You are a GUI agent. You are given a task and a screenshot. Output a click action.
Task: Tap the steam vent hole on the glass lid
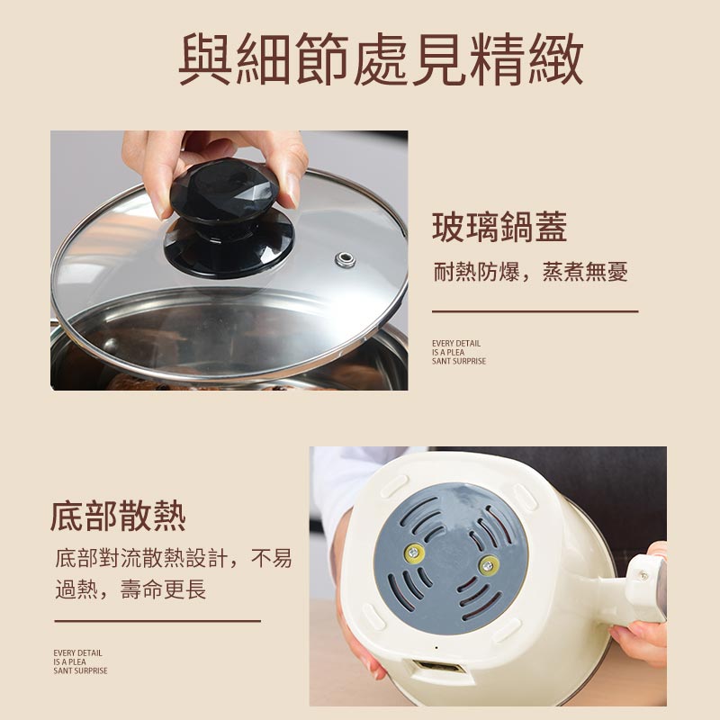[x=345, y=260]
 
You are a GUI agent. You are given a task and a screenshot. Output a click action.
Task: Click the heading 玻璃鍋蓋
[x=499, y=227]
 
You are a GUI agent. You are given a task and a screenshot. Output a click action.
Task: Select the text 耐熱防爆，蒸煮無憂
[x=530, y=272]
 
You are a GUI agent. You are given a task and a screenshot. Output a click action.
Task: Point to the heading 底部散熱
[x=118, y=517]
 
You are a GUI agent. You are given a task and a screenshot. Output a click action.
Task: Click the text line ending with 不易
[x=174, y=558]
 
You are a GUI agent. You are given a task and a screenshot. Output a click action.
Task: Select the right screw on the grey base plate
[x=489, y=565]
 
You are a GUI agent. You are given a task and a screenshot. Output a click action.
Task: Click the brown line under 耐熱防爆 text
[x=535, y=311]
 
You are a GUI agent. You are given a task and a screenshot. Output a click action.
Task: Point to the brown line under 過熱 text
[x=157, y=621]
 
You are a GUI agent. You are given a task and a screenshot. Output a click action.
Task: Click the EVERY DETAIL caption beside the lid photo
[x=458, y=352]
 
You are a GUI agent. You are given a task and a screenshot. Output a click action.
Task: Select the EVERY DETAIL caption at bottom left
[x=80, y=661]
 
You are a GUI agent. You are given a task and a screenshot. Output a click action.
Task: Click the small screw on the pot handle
[x=643, y=574]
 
